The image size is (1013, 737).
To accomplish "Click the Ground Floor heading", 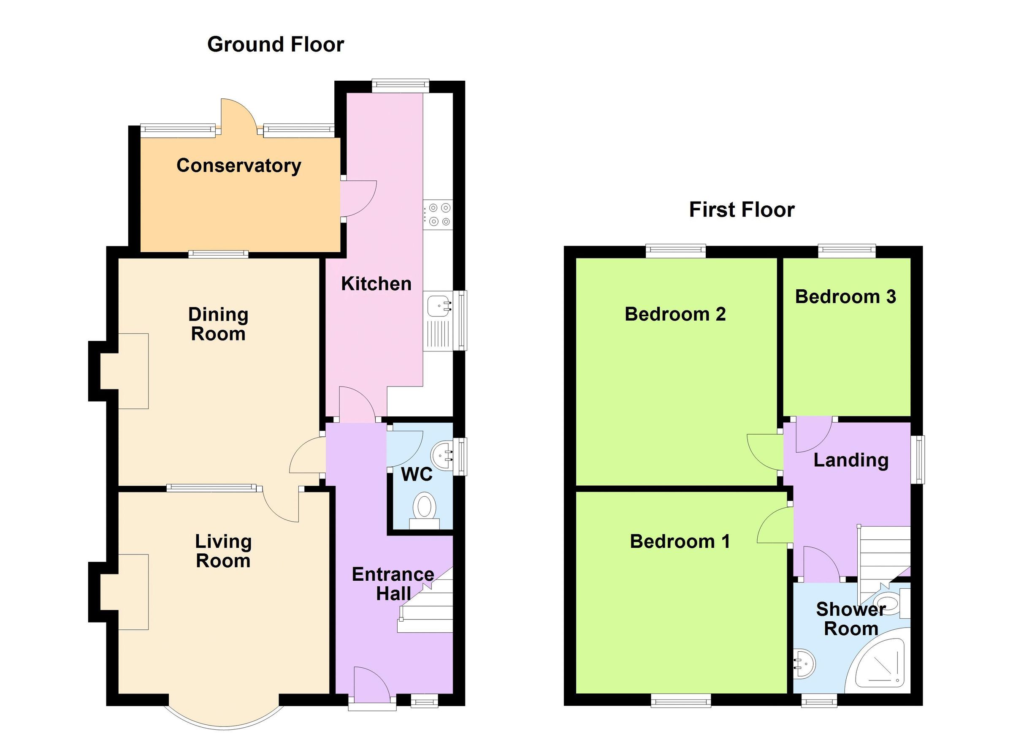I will click(x=276, y=45).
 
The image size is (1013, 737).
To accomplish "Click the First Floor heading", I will click(x=742, y=209).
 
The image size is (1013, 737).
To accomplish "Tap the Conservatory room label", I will click(x=238, y=166).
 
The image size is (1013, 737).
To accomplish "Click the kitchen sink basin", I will click(x=437, y=307).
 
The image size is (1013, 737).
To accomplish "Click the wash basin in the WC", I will click(x=442, y=456).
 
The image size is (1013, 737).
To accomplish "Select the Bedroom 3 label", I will click(x=845, y=297).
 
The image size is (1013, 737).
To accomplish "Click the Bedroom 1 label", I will click(x=680, y=541).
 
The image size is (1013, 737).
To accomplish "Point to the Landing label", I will click(x=850, y=460).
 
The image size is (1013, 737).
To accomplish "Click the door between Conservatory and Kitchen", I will click(x=358, y=199).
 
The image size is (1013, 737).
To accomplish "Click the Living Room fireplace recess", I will click(x=125, y=592).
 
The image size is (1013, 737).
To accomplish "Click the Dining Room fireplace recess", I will click(x=125, y=370).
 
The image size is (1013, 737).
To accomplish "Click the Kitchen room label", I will click(x=376, y=284).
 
